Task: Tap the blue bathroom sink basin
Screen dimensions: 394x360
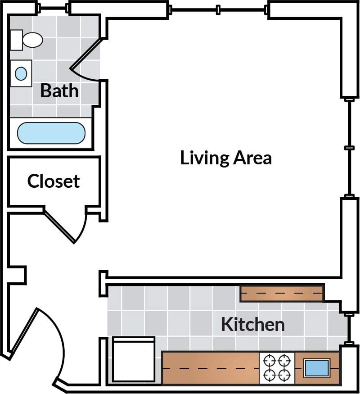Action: click(x=21, y=73)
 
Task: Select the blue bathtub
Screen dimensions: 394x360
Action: click(x=51, y=133)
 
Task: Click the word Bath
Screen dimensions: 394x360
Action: click(x=59, y=91)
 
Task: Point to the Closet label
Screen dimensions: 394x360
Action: click(x=53, y=181)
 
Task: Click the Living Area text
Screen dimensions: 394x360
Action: click(x=226, y=158)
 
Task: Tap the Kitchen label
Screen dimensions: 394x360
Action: click(x=252, y=324)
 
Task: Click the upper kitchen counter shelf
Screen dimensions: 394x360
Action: click(x=282, y=293)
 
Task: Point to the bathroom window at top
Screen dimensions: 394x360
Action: click(x=53, y=8)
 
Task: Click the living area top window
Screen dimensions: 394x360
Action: click(x=218, y=9)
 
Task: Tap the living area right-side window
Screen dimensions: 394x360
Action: click(x=349, y=148)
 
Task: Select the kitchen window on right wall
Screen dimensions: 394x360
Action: click(x=349, y=328)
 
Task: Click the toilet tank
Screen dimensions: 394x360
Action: click(x=16, y=40)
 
